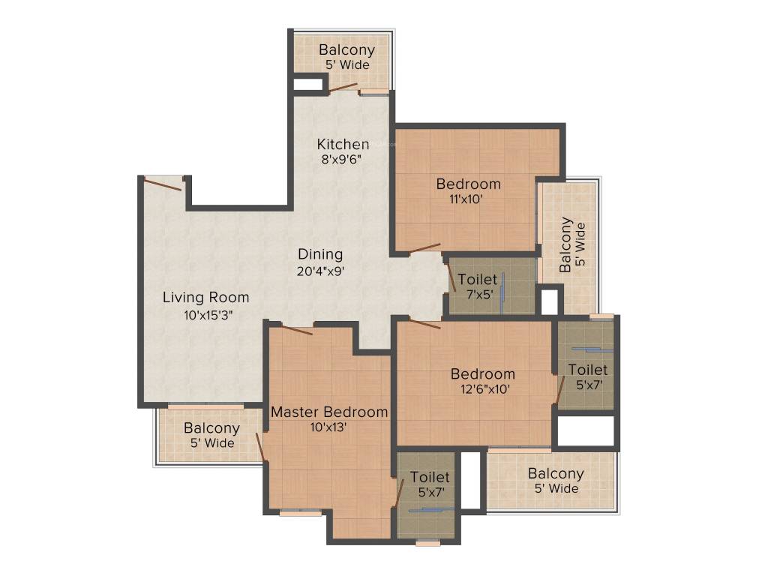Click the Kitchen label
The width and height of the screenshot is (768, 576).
pos(343,144)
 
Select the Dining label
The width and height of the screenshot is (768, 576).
pos(320,254)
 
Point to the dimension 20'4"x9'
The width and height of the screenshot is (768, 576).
pos(320,271)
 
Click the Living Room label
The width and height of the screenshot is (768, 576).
pos(205,298)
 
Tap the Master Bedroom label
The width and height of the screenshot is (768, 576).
pos(329,412)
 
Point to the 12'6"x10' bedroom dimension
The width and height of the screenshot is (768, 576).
pos(482,389)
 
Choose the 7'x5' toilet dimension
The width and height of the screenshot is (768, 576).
pos(477,295)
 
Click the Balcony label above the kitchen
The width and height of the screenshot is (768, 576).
pos(346,50)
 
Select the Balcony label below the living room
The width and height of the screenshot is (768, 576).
pos(211,428)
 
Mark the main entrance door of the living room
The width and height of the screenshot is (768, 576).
pos(163,184)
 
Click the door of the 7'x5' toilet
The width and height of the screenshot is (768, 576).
pos(451,278)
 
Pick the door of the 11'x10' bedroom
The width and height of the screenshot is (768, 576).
pos(424,247)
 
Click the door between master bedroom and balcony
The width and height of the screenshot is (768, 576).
pos(259,447)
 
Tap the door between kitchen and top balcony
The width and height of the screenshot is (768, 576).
pos(343,87)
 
